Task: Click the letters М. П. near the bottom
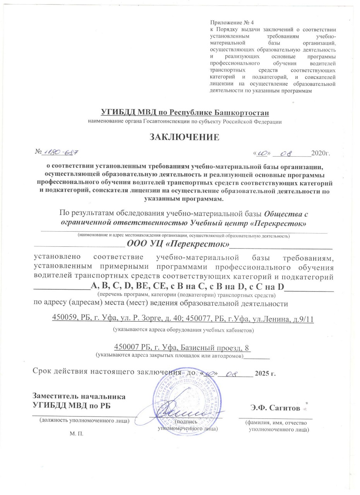(76, 434)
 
